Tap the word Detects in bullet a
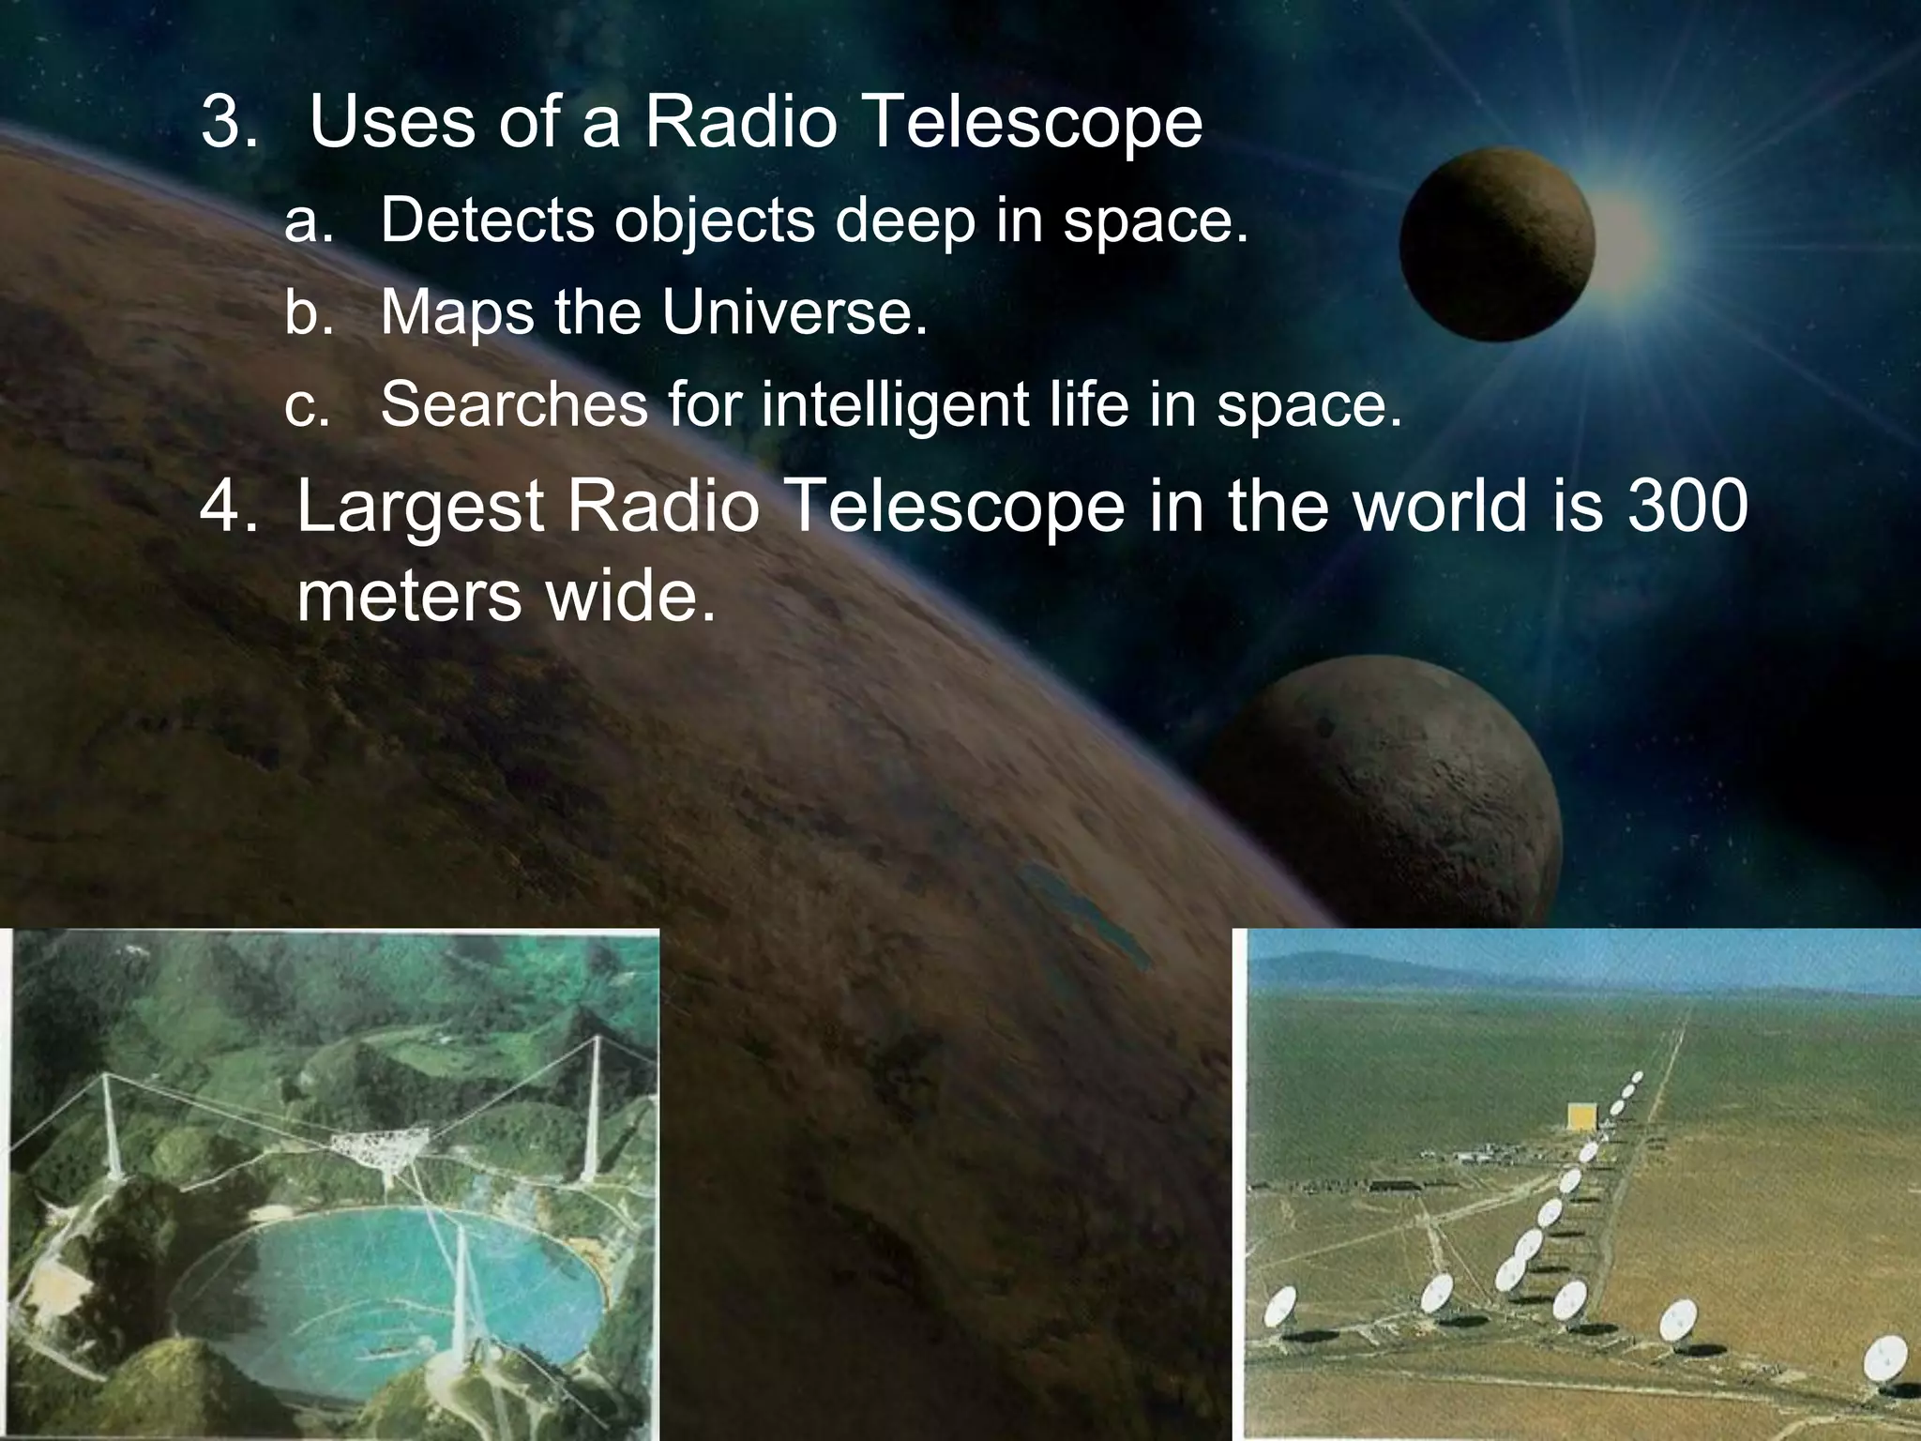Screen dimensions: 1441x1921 point(488,221)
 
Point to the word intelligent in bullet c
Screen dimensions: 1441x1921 point(898,404)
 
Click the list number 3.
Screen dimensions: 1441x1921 point(228,122)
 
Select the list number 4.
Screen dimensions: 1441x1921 point(228,507)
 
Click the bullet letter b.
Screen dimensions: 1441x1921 point(309,311)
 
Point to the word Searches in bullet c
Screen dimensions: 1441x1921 point(514,404)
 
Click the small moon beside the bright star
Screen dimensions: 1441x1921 point(1495,244)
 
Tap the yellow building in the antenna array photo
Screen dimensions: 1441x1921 point(1581,1116)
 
